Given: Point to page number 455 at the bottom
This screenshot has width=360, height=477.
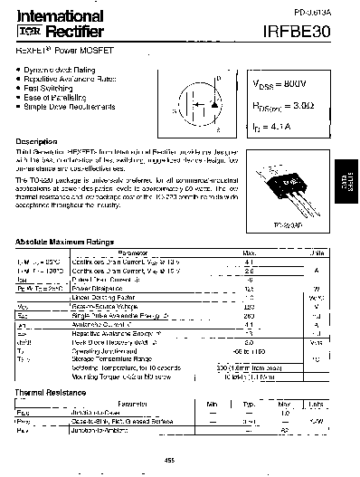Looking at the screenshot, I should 169,460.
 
